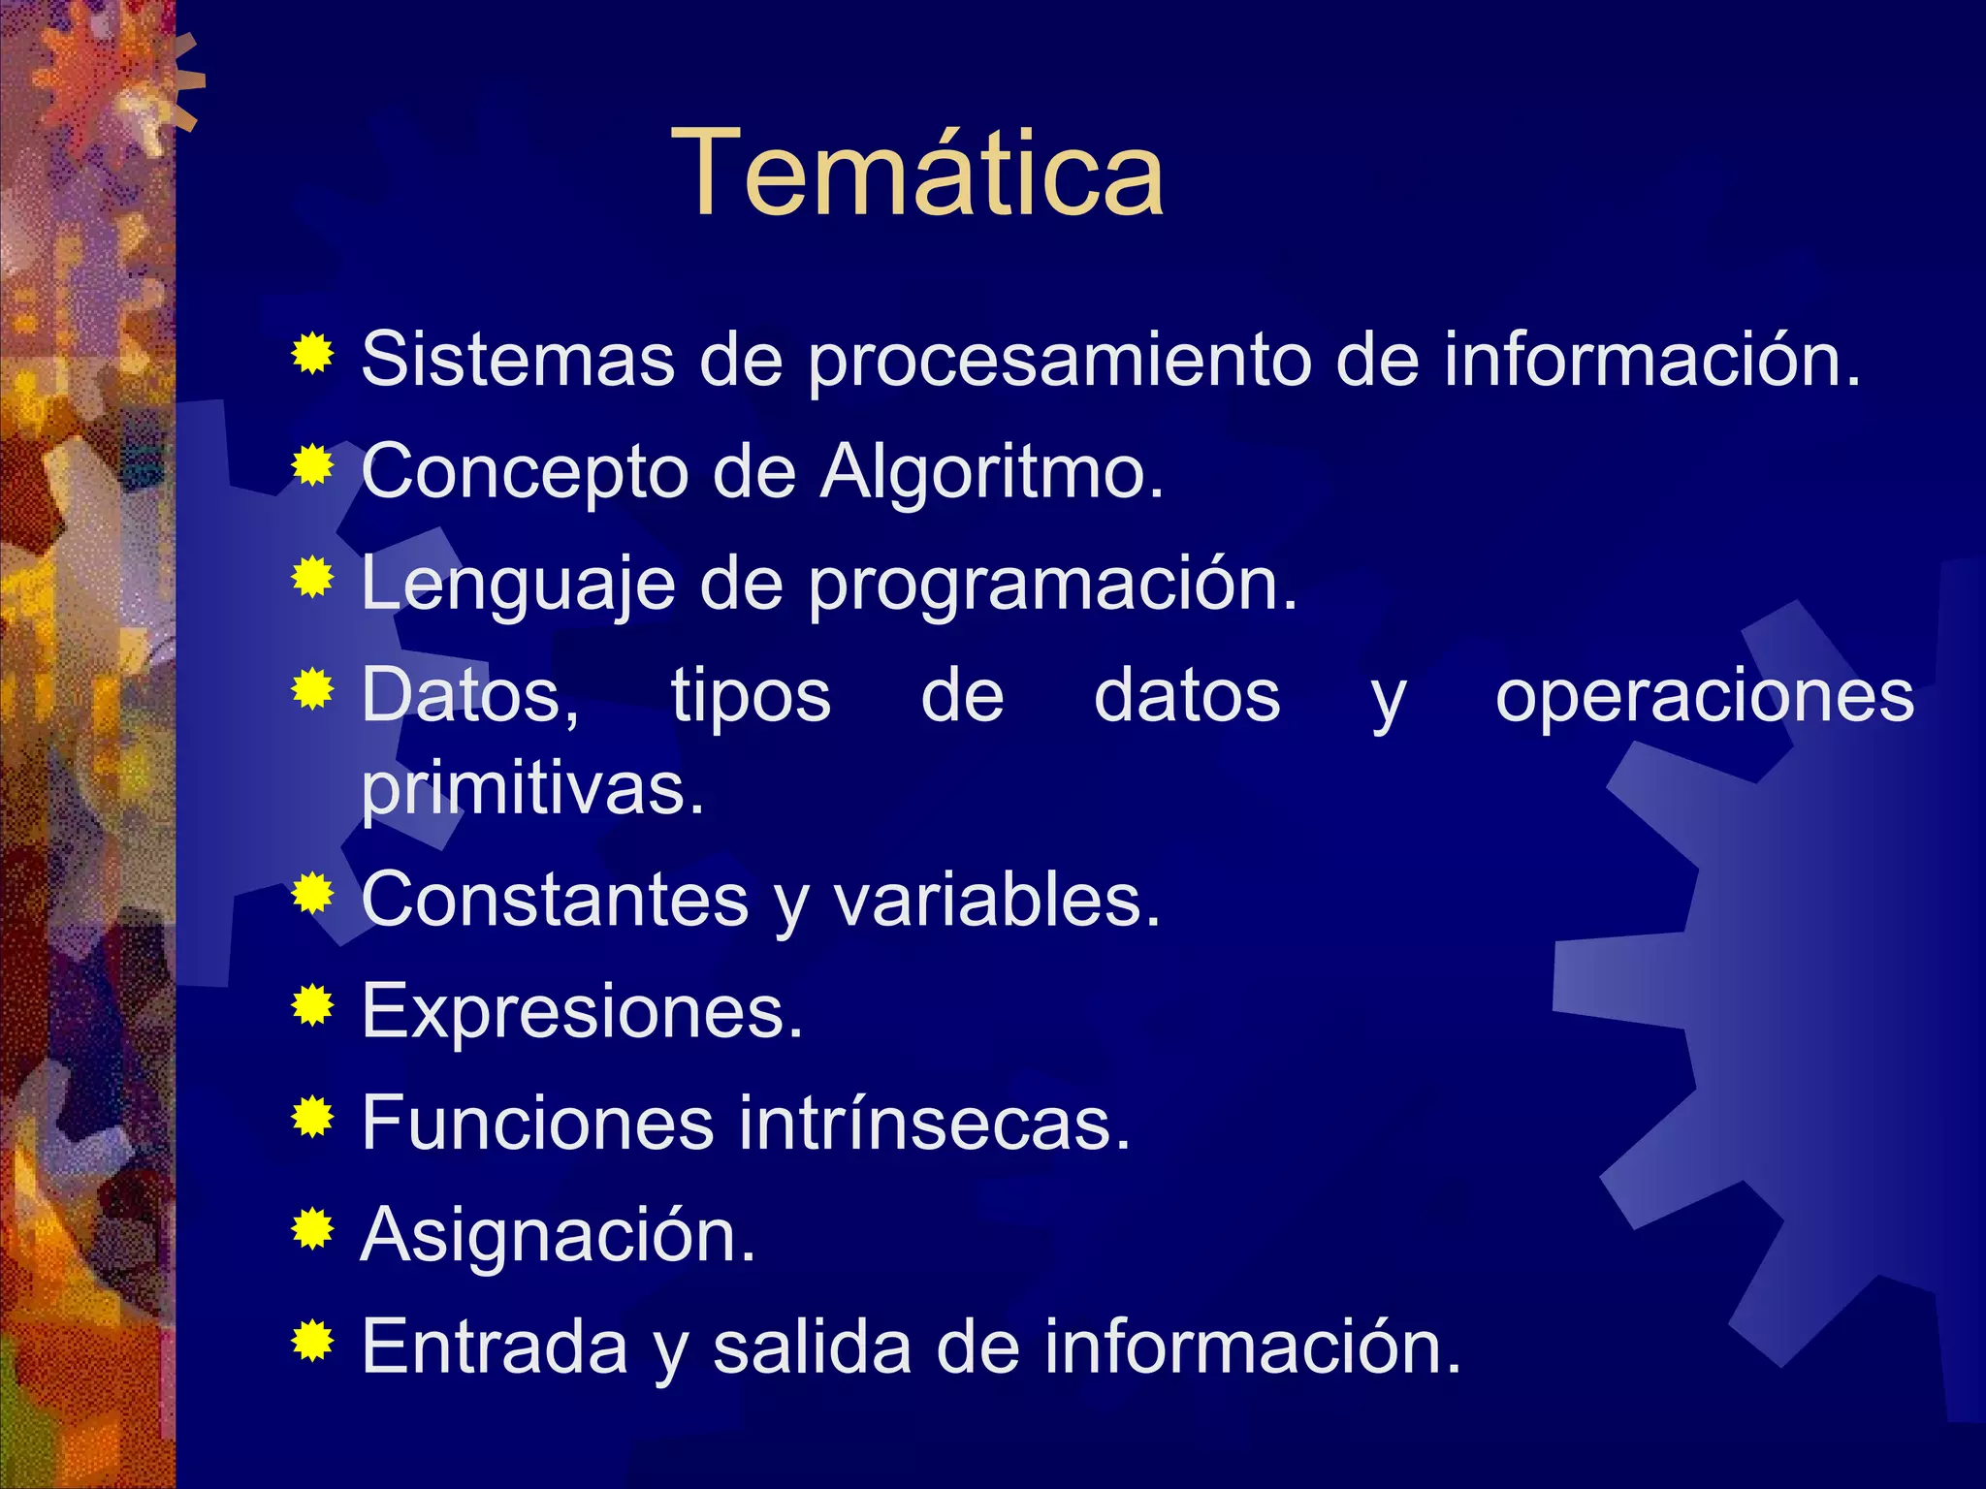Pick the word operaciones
[x=1704, y=696]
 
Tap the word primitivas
[x=532, y=789]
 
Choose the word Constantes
[x=555, y=901]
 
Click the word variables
[x=996, y=901]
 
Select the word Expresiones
[x=582, y=1012]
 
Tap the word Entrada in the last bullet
[x=495, y=1347]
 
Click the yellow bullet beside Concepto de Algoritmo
[x=312, y=466]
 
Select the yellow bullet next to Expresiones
[x=312, y=1005]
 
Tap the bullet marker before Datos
[x=312, y=689]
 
